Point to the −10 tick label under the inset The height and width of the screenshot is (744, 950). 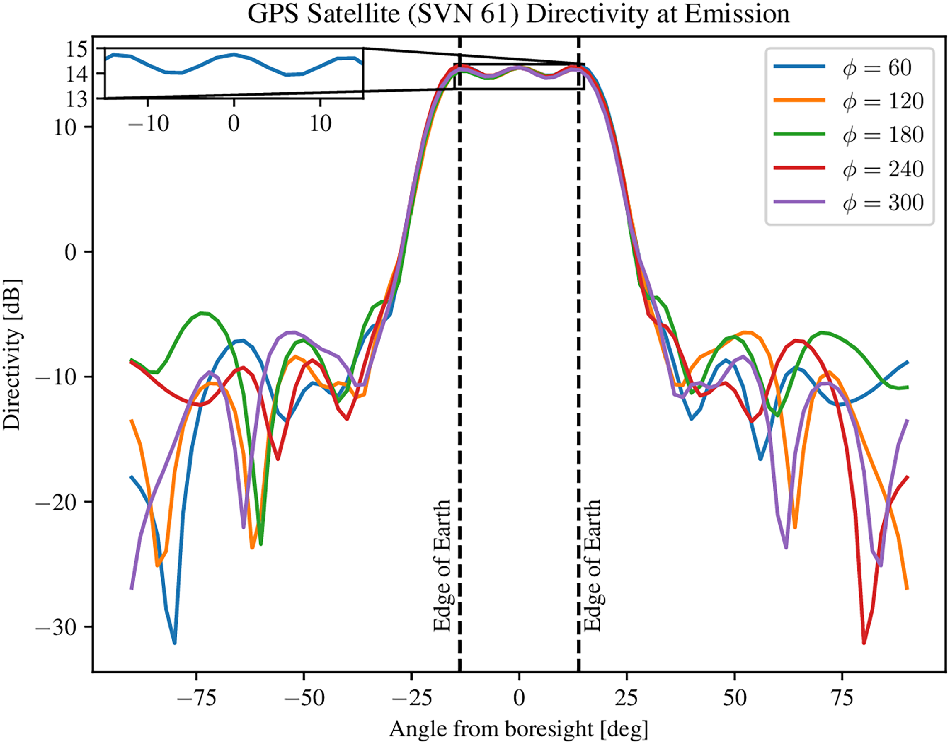(148, 124)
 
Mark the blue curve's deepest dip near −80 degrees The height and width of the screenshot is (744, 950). (174, 642)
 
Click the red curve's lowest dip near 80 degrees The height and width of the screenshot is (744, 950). (863, 642)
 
